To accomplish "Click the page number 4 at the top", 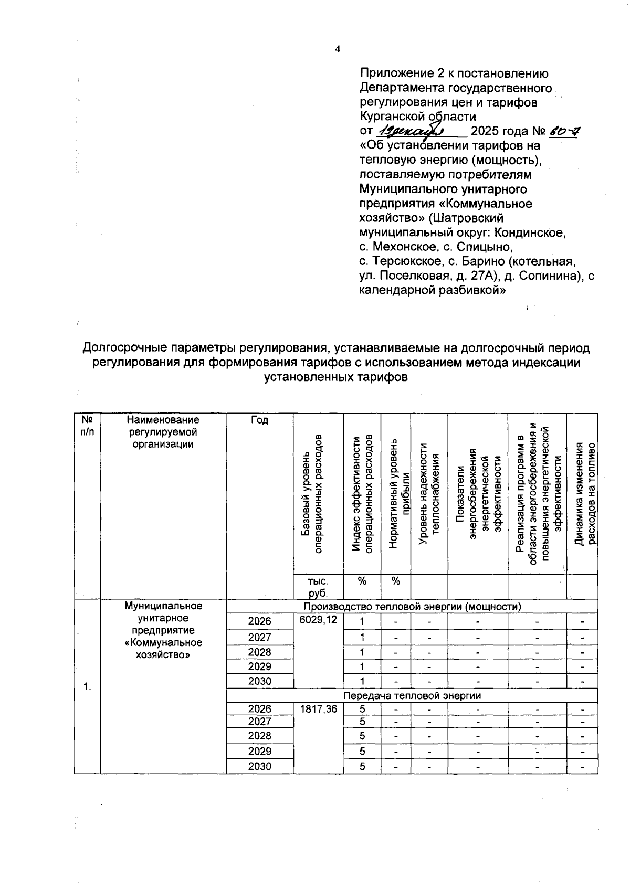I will [x=338, y=49].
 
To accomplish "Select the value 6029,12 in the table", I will [x=318, y=620].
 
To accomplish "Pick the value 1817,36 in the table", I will [x=318, y=709].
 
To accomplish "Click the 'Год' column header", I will [x=259, y=420].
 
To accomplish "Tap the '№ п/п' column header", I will [x=87, y=426].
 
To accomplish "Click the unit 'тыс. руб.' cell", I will [x=318, y=587].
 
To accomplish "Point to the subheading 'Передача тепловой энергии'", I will [x=412, y=695].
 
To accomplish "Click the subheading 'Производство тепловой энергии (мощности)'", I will [x=412, y=607].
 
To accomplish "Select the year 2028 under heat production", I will [x=259, y=652].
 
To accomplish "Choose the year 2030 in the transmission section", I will [x=259, y=766].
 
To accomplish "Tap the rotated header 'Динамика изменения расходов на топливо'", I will [x=582, y=494].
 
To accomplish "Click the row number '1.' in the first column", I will [x=87, y=687].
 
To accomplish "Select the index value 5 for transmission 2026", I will [x=362, y=709].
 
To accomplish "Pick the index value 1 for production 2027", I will [x=362, y=637].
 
